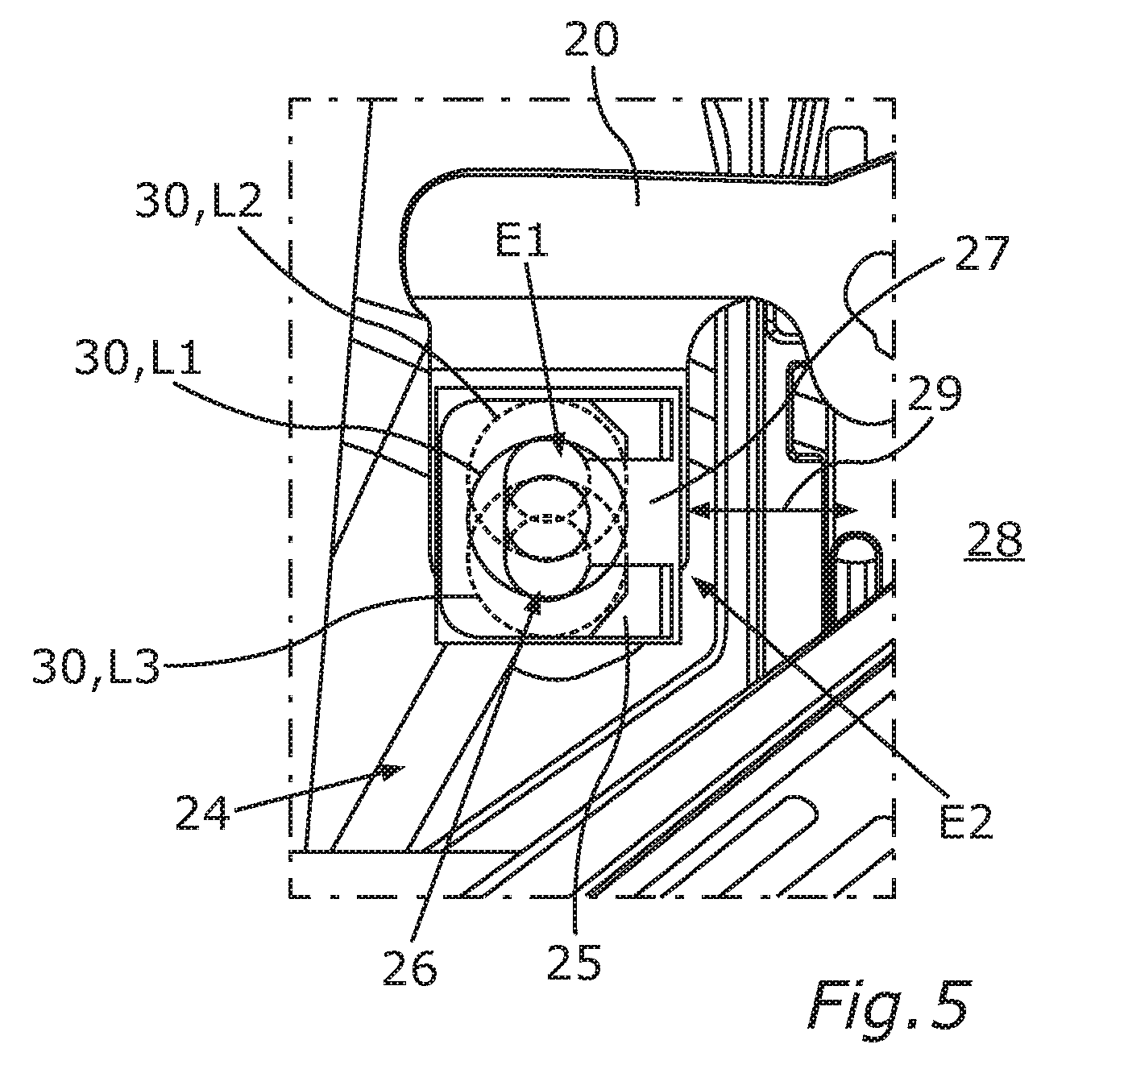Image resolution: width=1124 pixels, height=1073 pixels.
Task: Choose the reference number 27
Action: click(x=981, y=253)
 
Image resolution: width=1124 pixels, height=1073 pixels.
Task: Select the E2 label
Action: click(x=966, y=821)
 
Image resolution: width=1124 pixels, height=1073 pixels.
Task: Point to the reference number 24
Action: click(x=203, y=813)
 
